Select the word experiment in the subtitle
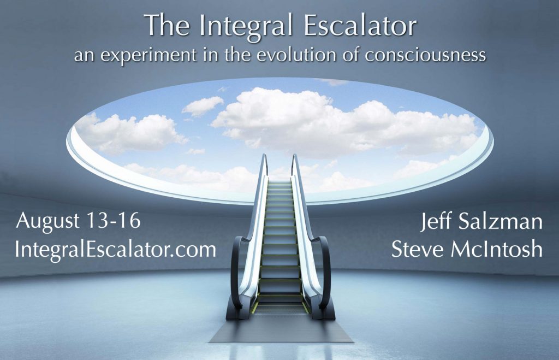pyautogui.click(x=149, y=56)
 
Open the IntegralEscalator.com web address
pyautogui.click(x=115, y=249)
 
